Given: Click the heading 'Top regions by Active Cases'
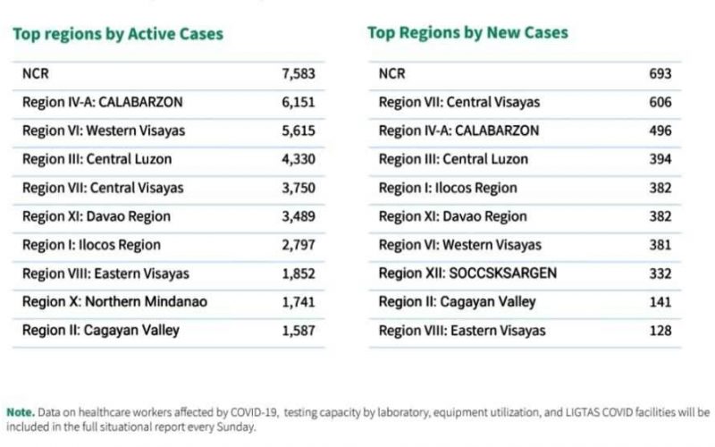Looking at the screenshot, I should pyautogui.click(x=117, y=35).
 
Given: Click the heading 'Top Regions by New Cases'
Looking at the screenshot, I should pyautogui.click(x=467, y=33).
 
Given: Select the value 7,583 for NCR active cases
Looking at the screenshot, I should pyautogui.click(x=299, y=74).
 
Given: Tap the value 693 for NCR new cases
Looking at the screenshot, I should pyautogui.click(x=660, y=74).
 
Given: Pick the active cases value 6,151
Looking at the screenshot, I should pyautogui.click(x=299, y=103).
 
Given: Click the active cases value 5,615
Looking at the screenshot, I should pyautogui.click(x=299, y=131).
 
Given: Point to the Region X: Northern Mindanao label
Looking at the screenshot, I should pyautogui.click(x=114, y=302).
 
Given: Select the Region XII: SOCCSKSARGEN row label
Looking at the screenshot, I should pyautogui.click(x=467, y=274).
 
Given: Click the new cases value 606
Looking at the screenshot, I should pyautogui.click(x=660, y=103).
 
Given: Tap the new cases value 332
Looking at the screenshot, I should pyautogui.click(x=660, y=274).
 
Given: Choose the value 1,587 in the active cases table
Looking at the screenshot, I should pyautogui.click(x=299, y=331).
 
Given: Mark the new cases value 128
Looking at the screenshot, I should pyautogui.click(x=660, y=331).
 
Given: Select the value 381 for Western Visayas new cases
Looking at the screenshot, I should pyautogui.click(x=660, y=245).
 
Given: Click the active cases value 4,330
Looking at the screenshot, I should pyautogui.click(x=299, y=160).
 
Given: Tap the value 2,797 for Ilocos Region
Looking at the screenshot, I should pyautogui.click(x=299, y=245).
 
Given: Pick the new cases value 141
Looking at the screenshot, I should pyautogui.click(x=660, y=302).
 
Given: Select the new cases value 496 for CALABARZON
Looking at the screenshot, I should pyautogui.click(x=660, y=131).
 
